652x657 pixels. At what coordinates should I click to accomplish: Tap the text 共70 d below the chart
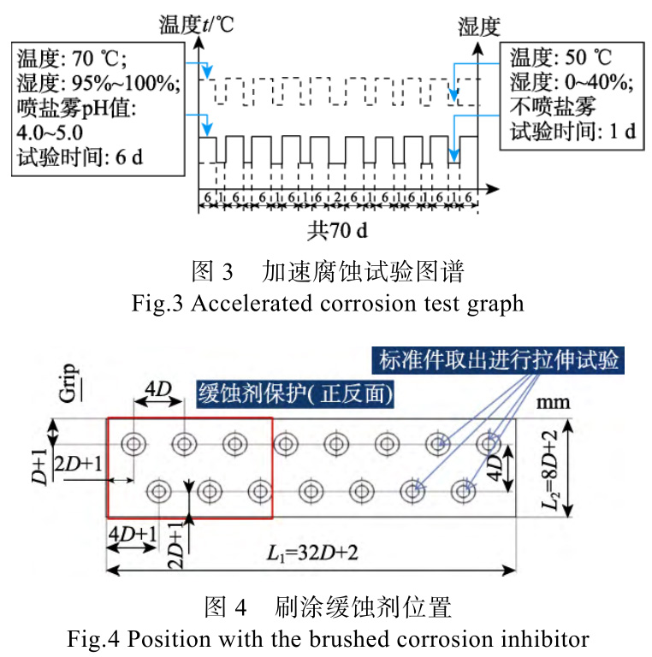340,230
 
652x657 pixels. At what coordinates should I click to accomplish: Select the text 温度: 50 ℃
561,59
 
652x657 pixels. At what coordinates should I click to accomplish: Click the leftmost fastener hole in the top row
133,443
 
